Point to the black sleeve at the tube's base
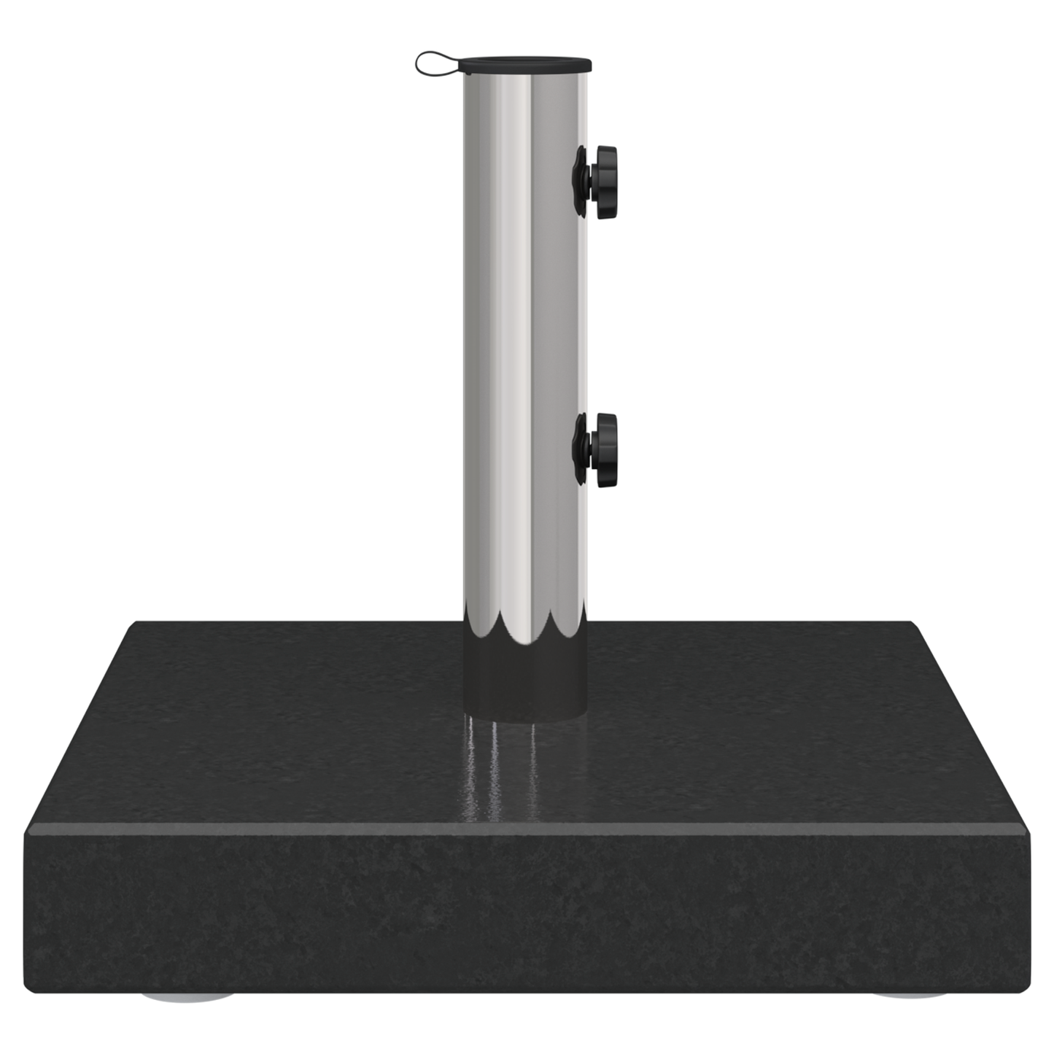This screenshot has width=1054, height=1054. (x=524, y=682)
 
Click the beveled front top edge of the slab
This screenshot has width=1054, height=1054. (x=525, y=829)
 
